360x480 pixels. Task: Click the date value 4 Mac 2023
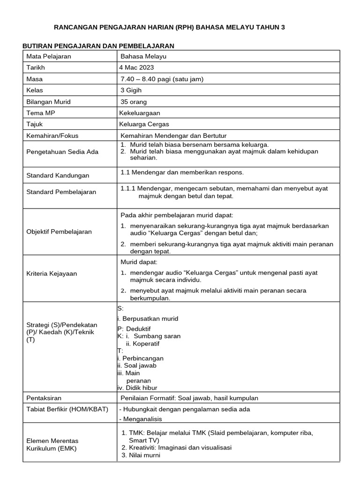tap(136, 67)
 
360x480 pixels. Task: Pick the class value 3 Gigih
tap(131, 90)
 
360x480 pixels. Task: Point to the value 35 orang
tap(134, 102)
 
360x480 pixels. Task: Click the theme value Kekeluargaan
tap(140, 113)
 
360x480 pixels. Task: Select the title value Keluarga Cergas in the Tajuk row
tap(144, 124)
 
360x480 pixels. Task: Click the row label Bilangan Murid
tap(49, 102)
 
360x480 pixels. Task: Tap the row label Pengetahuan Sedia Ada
tap(62, 152)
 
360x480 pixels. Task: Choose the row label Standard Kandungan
tap(58, 175)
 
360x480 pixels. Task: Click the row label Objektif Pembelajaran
tap(59, 232)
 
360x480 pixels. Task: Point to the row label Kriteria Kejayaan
tap(52, 273)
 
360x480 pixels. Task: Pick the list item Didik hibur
tap(140, 388)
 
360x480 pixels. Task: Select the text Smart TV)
tap(144, 440)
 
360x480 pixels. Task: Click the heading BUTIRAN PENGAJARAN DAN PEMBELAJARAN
tap(98, 45)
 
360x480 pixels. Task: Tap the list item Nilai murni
tap(145, 455)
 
